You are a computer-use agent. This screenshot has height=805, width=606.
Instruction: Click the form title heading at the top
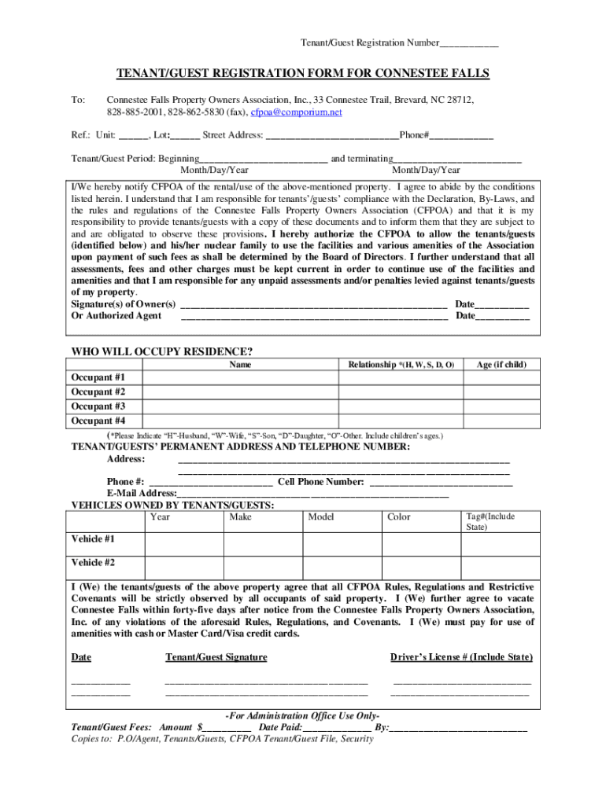coord(303,74)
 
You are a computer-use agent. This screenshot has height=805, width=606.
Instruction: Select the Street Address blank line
coord(332,136)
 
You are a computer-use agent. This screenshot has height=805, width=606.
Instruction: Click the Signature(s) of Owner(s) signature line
coord(314,304)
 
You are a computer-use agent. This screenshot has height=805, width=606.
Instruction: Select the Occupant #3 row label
coord(98,406)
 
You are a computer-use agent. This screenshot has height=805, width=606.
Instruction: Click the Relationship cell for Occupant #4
coord(401,421)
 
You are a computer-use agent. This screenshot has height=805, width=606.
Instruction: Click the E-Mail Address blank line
coord(312,494)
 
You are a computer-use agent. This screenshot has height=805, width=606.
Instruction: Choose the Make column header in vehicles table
coord(241,516)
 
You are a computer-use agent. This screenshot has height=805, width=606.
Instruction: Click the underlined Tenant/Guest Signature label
coord(216,657)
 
